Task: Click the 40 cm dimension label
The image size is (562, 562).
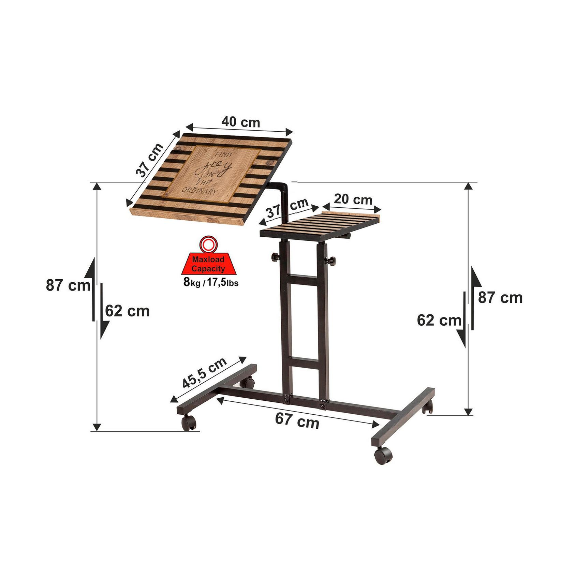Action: [x=241, y=122]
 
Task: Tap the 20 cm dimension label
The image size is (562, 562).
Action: [x=353, y=199]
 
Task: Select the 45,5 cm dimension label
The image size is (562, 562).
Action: [x=205, y=373]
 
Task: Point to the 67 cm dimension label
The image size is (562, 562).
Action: [x=297, y=421]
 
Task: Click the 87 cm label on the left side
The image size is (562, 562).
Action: [x=68, y=285]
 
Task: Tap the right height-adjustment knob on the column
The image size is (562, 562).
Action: [x=331, y=261]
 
